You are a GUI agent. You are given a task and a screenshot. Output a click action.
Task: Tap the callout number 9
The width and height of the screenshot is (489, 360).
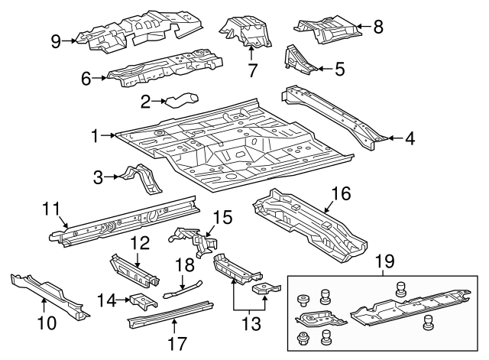56,41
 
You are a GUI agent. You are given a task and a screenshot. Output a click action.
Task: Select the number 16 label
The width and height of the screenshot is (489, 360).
341,194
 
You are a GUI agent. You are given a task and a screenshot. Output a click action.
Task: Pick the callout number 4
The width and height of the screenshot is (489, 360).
410,138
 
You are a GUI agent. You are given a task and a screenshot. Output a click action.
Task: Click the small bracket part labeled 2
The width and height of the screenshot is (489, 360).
181,99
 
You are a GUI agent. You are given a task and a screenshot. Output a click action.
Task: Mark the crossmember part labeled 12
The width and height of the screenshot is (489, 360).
136,268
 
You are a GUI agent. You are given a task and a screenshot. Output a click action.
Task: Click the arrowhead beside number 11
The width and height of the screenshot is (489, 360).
67,225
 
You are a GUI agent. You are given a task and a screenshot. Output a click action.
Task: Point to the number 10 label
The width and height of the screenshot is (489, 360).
47,323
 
